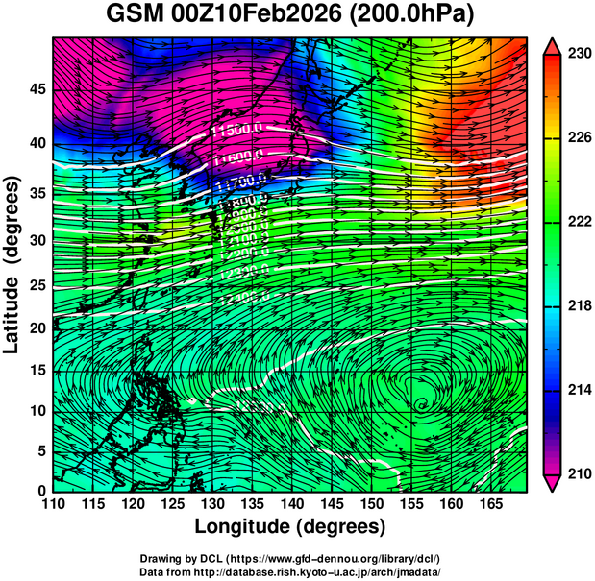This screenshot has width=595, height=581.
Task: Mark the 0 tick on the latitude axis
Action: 41,490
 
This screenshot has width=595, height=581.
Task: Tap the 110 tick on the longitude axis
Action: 52,503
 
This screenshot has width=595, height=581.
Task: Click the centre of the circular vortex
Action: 421,404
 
